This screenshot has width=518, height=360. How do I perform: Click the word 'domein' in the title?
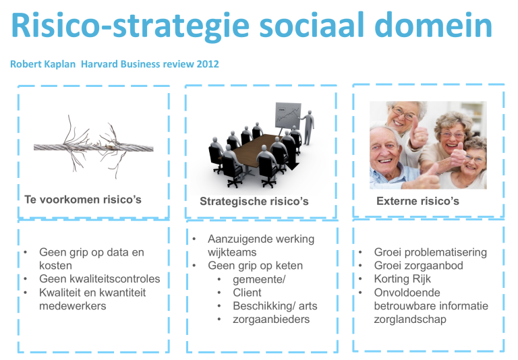point(434,25)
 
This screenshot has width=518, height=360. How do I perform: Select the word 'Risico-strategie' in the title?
point(130,26)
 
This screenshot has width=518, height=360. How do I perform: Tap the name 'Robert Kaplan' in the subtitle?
point(43,64)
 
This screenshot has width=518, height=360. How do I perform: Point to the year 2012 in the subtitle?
point(208,64)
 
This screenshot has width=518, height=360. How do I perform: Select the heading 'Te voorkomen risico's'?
point(82,200)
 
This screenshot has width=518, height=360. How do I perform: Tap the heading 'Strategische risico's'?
point(254,201)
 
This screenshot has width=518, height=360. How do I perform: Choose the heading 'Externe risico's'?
point(418,201)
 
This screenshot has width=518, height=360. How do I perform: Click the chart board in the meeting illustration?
point(288,116)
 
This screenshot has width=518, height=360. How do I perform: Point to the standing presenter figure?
point(308,128)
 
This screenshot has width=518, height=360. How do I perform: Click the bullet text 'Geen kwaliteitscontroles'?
point(99,278)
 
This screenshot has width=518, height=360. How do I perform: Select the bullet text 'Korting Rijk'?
point(403,278)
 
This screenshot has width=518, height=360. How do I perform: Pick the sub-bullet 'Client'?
point(247,293)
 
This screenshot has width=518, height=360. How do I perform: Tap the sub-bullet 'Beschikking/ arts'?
point(275,306)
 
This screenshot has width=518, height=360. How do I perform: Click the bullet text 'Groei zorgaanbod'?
point(419,266)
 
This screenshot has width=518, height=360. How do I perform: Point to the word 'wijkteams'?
point(232,252)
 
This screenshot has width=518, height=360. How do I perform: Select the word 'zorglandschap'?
point(410,320)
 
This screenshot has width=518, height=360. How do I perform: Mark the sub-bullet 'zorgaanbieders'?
point(271,320)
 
